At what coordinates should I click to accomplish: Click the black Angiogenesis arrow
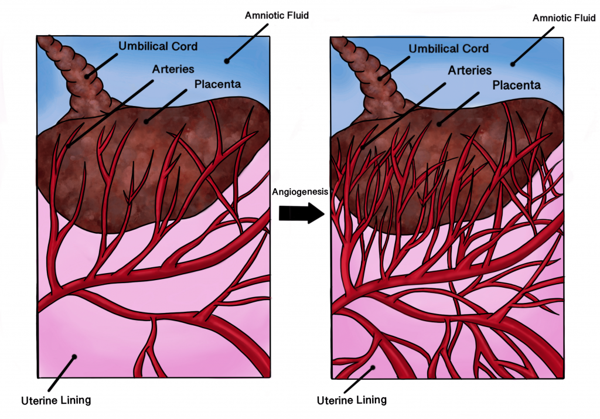tap(302, 213)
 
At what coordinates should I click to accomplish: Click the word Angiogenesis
tap(300, 192)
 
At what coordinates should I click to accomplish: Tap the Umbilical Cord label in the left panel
tap(158, 46)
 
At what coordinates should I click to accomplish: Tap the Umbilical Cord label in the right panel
tap(448, 49)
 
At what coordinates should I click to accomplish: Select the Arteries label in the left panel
tap(173, 69)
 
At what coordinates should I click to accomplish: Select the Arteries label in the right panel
tap(469, 71)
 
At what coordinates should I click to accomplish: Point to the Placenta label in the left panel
tap(217, 84)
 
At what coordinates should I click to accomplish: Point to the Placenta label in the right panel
tap(516, 86)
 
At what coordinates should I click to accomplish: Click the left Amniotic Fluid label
tap(277, 16)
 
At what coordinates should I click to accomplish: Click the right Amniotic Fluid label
tap(564, 18)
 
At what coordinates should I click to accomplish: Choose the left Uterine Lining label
tap(56, 401)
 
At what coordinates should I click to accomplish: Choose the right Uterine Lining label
tap(352, 400)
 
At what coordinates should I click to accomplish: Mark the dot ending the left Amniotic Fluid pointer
tap(227, 60)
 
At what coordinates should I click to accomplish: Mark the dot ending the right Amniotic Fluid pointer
tap(513, 64)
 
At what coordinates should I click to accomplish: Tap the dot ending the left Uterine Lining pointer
tap(74, 357)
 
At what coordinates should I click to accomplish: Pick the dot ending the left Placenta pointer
tap(146, 122)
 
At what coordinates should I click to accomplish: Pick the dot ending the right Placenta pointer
tap(439, 124)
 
